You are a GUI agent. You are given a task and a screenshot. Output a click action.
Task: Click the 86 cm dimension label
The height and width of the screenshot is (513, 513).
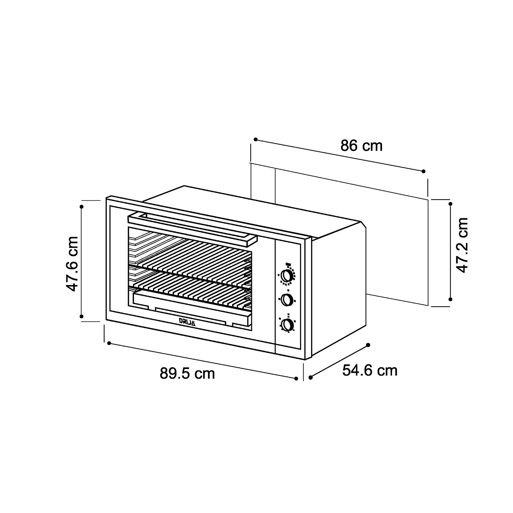coord(361,146)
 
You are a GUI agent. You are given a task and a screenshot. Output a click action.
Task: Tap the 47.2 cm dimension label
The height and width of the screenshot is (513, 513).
coord(462,245)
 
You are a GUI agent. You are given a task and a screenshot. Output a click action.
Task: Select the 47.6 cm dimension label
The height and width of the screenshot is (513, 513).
coord(72,264)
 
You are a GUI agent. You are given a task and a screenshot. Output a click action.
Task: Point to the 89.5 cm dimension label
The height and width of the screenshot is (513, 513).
coord(187,374)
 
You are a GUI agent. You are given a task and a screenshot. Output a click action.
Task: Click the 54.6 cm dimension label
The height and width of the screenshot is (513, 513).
coord(370,370)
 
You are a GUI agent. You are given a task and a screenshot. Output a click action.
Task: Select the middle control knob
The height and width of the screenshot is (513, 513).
coord(287,300)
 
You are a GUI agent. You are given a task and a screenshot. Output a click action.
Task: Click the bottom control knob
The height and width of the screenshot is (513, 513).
coord(287,324)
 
